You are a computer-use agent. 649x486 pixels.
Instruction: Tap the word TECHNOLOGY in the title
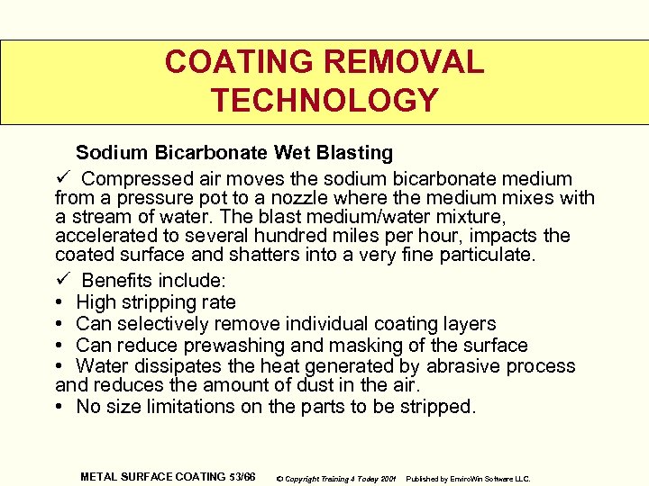point(324,100)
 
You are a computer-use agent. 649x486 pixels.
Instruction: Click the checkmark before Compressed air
point(63,178)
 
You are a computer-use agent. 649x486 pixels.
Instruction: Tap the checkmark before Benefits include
point(63,280)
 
